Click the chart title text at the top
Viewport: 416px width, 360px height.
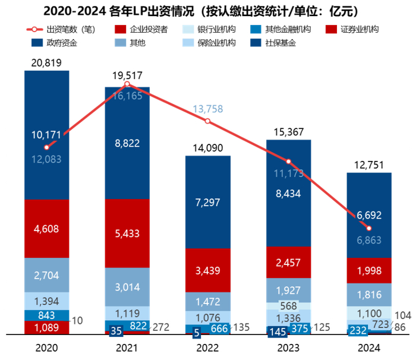tap(208, 11)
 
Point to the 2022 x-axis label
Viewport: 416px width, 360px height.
tap(208, 348)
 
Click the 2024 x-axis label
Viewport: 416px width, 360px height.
tap(369, 348)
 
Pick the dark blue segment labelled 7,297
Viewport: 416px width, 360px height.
tap(208, 203)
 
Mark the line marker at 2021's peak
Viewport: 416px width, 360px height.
tap(127, 84)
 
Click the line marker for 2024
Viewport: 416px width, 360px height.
tap(369, 229)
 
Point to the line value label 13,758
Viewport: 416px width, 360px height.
tap(208, 109)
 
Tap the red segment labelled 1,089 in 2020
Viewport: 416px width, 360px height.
tap(46, 327)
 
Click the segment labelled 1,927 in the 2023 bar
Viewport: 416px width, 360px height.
tap(289, 291)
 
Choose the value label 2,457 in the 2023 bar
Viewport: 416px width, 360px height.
tap(289, 263)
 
